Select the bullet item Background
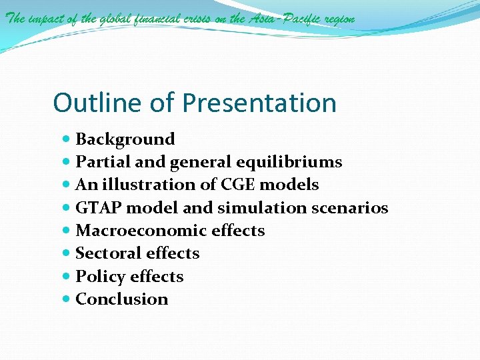[125, 139]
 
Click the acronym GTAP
[99, 208]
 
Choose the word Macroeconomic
[133, 231]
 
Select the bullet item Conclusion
[122, 299]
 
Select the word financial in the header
[157, 19]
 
